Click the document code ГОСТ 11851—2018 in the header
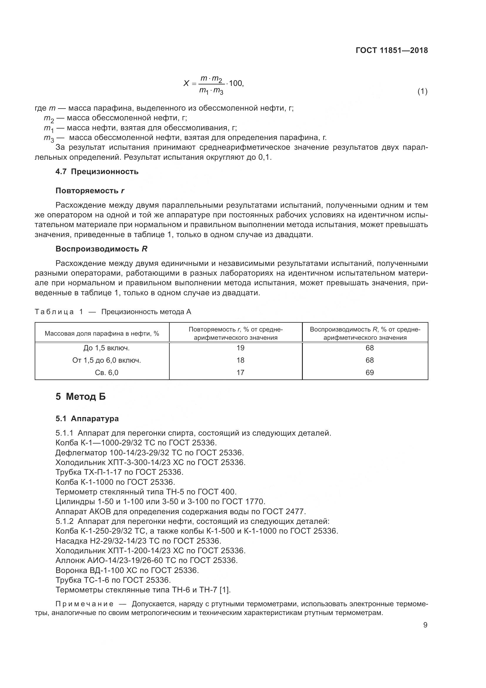tap(392, 50)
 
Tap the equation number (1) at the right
tap(422, 91)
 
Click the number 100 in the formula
tap(236, 83)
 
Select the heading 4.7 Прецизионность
tap(97, 172)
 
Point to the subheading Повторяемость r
tap(90, 191)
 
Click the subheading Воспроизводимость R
tap(101, 249)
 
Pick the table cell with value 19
tap(240, 348)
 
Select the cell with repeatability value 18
tap(240, 360)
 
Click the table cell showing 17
tap(240, 372)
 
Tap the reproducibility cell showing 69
tap(370, 372)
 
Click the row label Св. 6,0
tap(107, 372)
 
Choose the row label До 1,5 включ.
tap(107, 348)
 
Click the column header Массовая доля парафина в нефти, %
tap(102, 334)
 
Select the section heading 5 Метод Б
tap(81, 397)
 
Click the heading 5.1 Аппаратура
tap(87, 419)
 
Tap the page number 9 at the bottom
tap(425, 625)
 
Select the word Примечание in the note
tap(84, 604)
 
